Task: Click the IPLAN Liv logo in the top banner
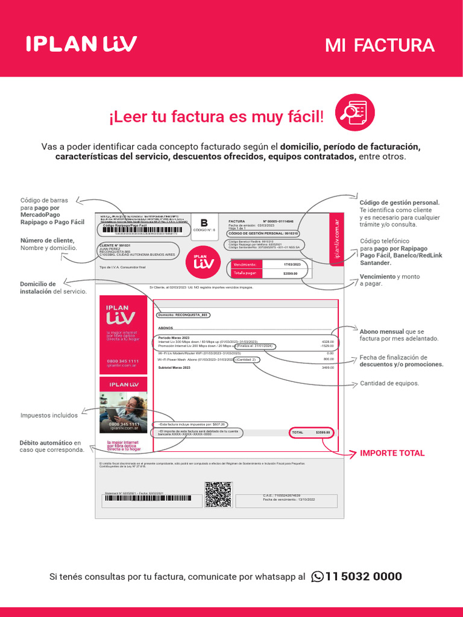81,43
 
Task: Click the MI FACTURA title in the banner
379,45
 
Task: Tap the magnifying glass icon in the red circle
354,113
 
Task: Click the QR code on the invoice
218,495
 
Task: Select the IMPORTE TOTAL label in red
392,453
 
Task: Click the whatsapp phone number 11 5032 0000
363,577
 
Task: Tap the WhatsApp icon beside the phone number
317,577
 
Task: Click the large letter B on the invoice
203,222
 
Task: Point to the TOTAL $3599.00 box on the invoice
310,433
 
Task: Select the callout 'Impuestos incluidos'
49,415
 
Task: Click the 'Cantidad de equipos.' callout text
389,383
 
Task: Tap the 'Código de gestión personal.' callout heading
399,202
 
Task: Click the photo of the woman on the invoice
124,413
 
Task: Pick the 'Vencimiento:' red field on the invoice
246,265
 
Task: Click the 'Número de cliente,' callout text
47,240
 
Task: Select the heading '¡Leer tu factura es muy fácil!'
216,117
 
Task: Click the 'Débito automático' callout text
46,443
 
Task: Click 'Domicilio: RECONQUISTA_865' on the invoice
184,315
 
